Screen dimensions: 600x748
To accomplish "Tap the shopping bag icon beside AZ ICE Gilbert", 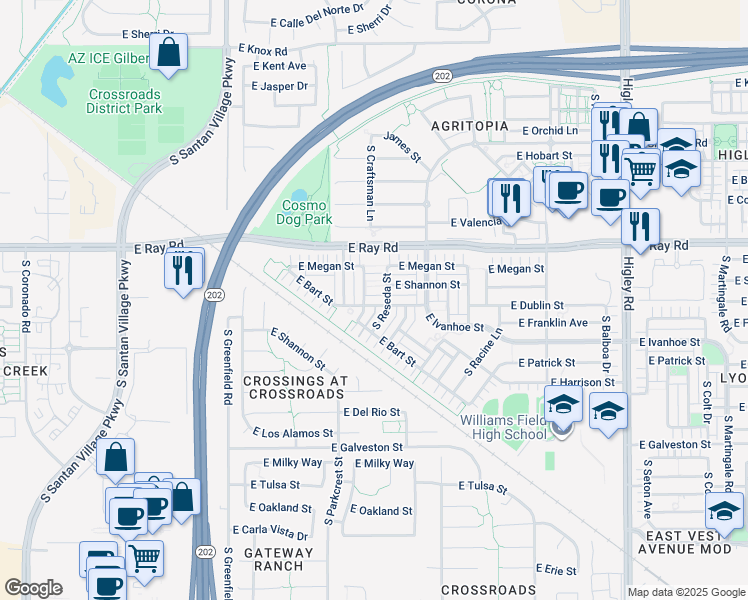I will (x=169, y=53).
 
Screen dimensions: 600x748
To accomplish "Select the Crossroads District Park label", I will (x=124, y=101).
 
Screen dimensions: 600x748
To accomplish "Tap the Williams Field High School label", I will (x=504, y=427).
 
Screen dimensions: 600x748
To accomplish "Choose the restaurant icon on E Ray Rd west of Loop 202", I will (x=184, y=270).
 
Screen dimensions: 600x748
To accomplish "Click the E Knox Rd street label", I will (x=262, y=50).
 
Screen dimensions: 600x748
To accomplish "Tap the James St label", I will (x=402, y=146).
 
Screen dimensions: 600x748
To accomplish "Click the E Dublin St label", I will (x=537, y=305).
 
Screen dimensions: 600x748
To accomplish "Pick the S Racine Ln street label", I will (x=483, y=351).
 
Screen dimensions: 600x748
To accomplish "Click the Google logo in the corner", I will (x=33, y=588).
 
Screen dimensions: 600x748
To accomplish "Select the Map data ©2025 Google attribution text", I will (x=685, y=592).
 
